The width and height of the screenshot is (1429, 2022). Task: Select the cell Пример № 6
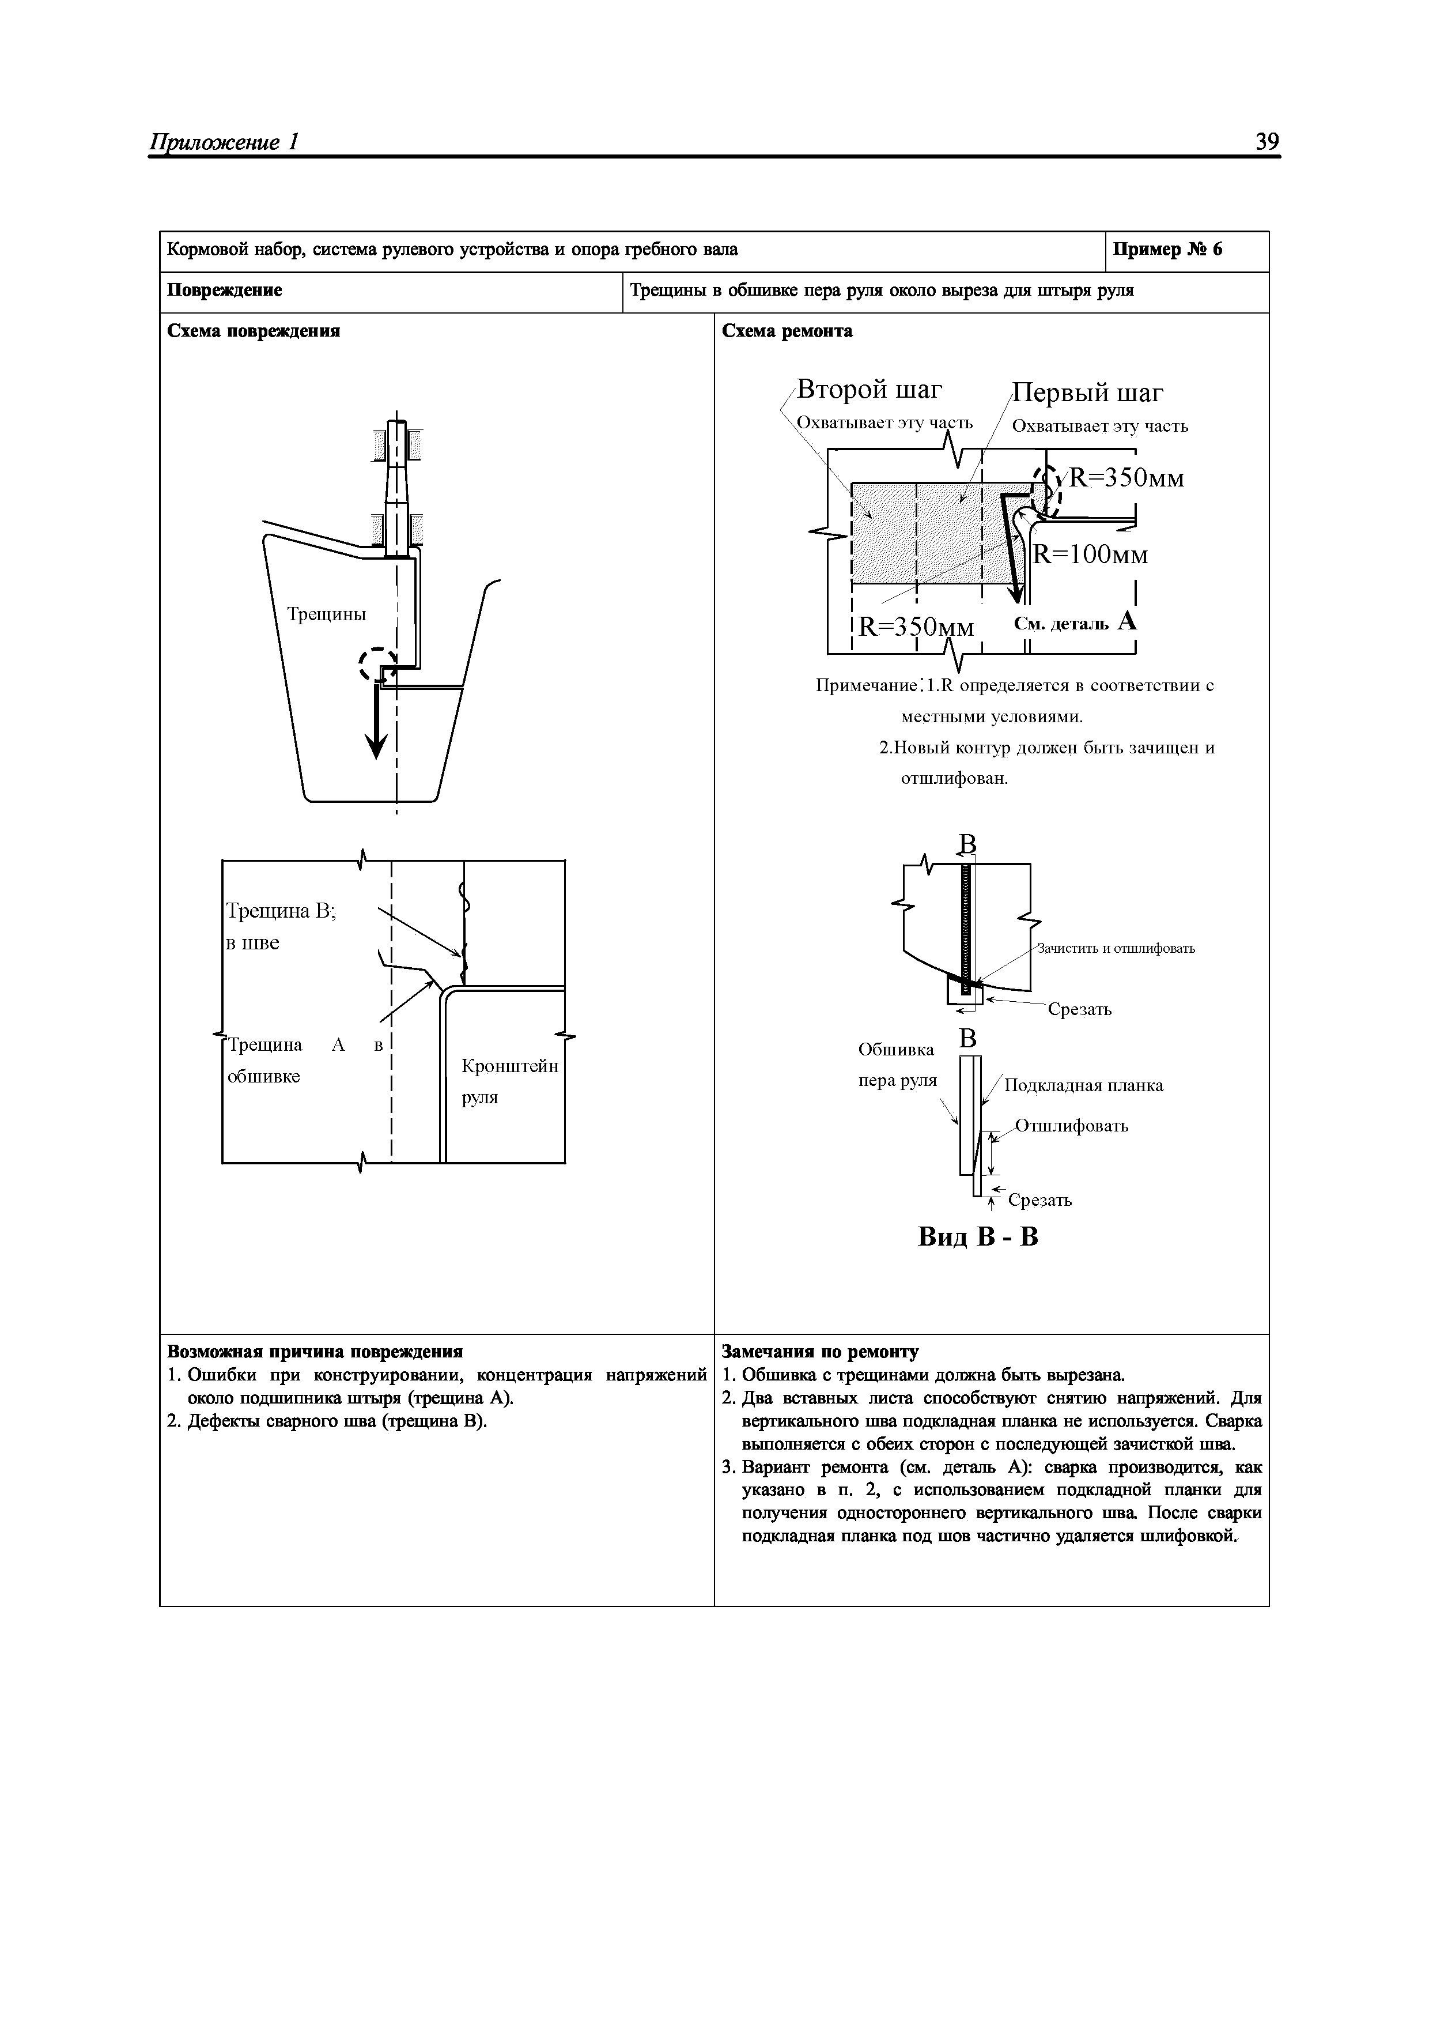coord(1167,250)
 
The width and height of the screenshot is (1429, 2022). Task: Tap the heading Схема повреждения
coord(254,331)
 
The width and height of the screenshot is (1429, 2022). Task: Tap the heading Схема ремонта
coord(787,331)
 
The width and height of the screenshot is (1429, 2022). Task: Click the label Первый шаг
coord(1088,393)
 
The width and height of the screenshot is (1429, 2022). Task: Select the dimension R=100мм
coord(1090,555)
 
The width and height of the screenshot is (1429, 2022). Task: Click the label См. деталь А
coord(1075,623)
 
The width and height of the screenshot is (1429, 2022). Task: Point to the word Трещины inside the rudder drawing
coord(327,614)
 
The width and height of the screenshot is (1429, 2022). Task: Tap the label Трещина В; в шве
coord(281,926)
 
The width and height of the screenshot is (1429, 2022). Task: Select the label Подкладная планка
coord(1083,1086)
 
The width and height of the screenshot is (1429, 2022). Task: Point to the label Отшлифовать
coord(1072,1126)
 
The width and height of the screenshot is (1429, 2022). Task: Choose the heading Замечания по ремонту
coord(820,1352)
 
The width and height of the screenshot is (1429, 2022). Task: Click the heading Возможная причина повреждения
coord(315,1352)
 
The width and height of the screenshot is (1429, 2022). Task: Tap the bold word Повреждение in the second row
coord(225,291)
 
